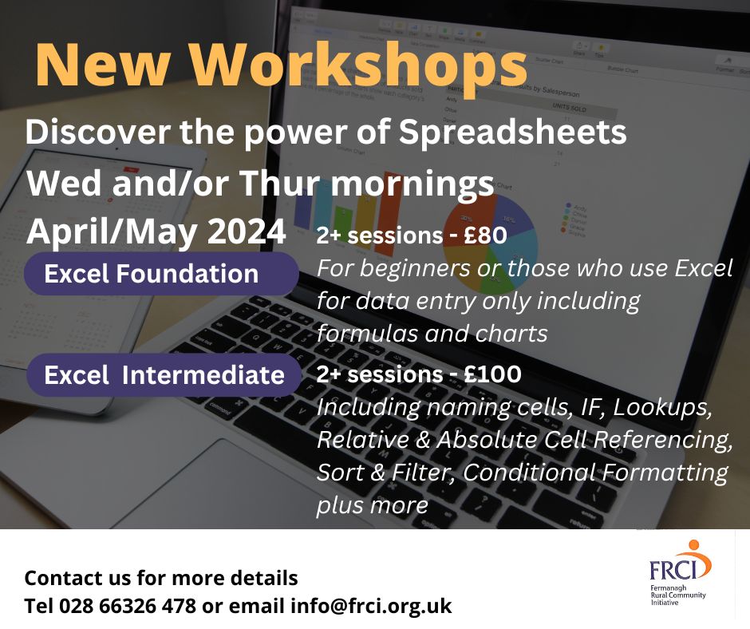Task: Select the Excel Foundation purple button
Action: pyautogui.click(x=152, y=274)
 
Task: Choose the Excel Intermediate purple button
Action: pyautogui.click(x=164, y=375)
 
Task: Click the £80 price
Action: pyautogui.click(x=507, y=237)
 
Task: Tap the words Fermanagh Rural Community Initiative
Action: pyautogui.click(x=678, y=595)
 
